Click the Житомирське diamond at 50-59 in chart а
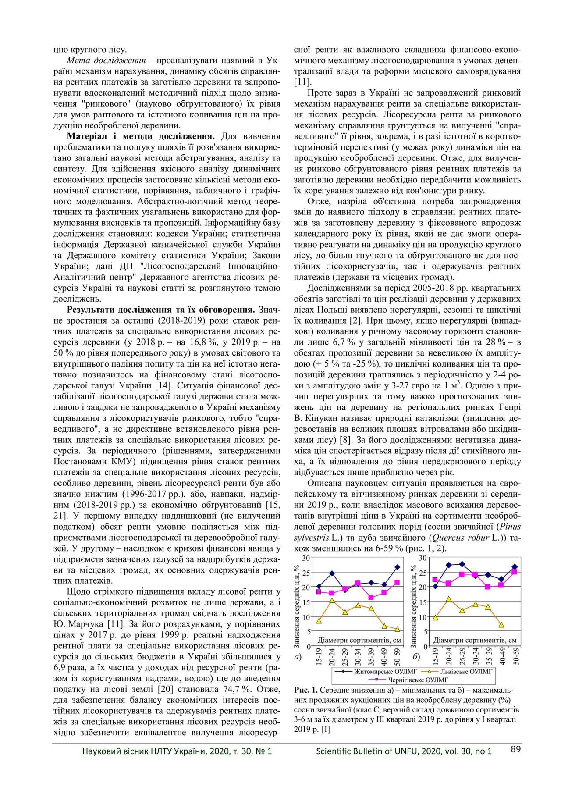(397, 567)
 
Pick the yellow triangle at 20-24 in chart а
(332, 600)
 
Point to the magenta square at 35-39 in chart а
(371, 598)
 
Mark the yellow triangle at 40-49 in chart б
(501, 625)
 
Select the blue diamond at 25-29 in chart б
(462, 564)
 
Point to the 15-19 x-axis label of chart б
(436, 656)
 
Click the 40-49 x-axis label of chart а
(385, 656)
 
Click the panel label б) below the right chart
(416, 657)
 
